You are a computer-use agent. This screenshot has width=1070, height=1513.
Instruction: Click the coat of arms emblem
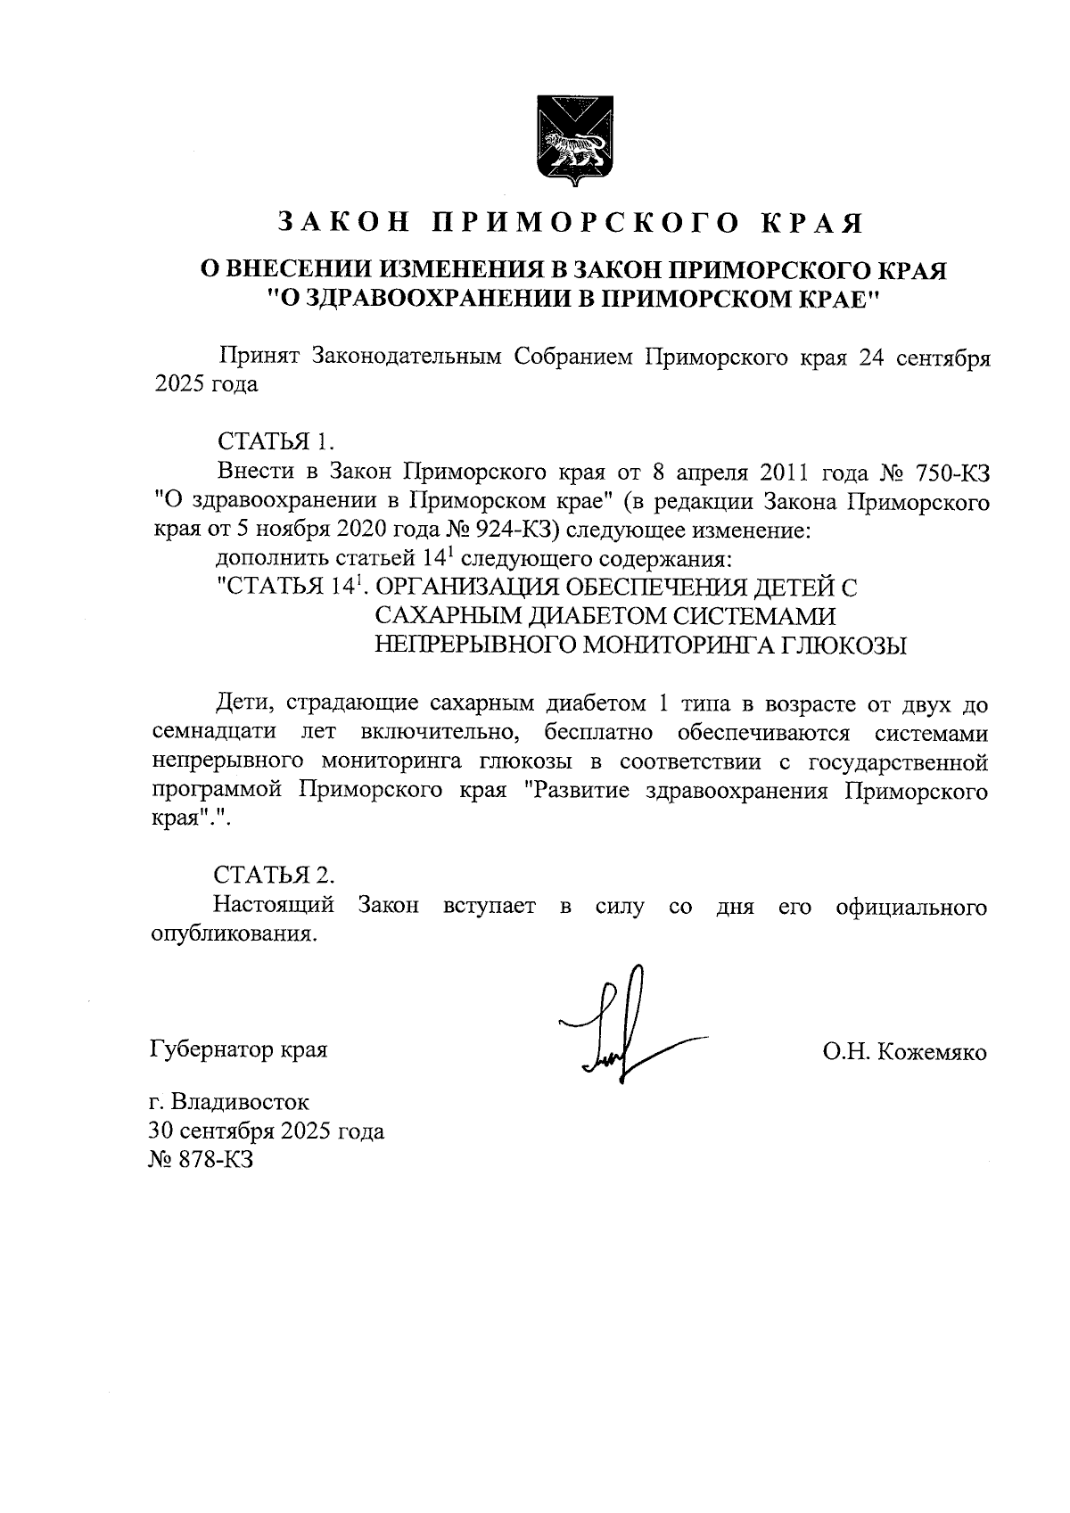tap(571, 143)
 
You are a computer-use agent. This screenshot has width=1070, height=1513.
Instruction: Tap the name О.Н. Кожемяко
tap(905, 1052)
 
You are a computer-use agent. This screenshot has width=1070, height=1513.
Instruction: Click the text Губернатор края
tap(238, 1049)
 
